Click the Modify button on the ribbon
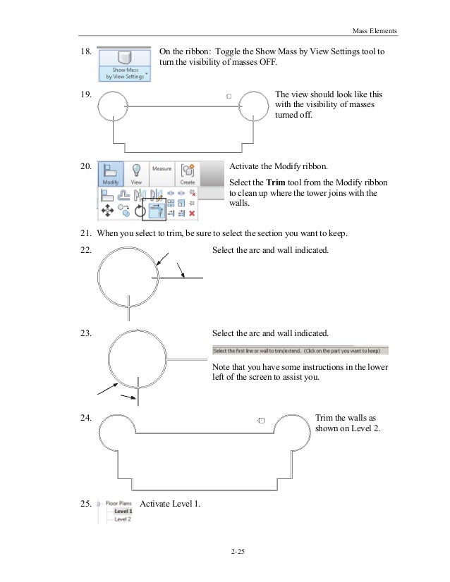(110, 173)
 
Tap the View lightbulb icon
(137, 173)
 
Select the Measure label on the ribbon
(162, 169)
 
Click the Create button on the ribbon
(188, 173)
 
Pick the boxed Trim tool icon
(154, 209)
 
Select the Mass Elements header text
(374, 31)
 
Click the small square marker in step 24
(261, 420)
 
